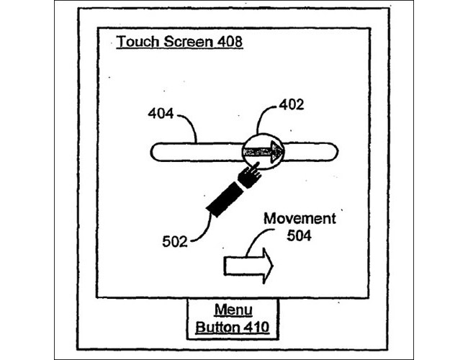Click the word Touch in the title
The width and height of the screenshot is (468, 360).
click(x=138, y=41)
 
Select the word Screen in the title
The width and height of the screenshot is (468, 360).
click(x=189, y=41)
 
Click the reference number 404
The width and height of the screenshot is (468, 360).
click(x=161, y=114)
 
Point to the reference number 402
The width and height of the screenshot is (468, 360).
click(x=292, y=104)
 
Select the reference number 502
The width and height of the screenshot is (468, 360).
click(x=175, y=241)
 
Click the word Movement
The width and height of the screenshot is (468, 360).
click(x=300, y=218)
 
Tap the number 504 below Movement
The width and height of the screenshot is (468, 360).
click(x=299, y=235)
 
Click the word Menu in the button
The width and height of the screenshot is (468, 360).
click(x=233, y=310)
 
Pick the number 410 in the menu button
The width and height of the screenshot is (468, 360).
click(x=257, y=327)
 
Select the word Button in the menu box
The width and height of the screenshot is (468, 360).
click(x=217, y=327)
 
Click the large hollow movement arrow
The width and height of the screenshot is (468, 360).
click(x=248, y=266)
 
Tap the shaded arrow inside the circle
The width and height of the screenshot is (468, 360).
click(x=263, y=152)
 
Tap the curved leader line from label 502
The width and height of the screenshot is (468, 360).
click(x=206, y=230)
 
